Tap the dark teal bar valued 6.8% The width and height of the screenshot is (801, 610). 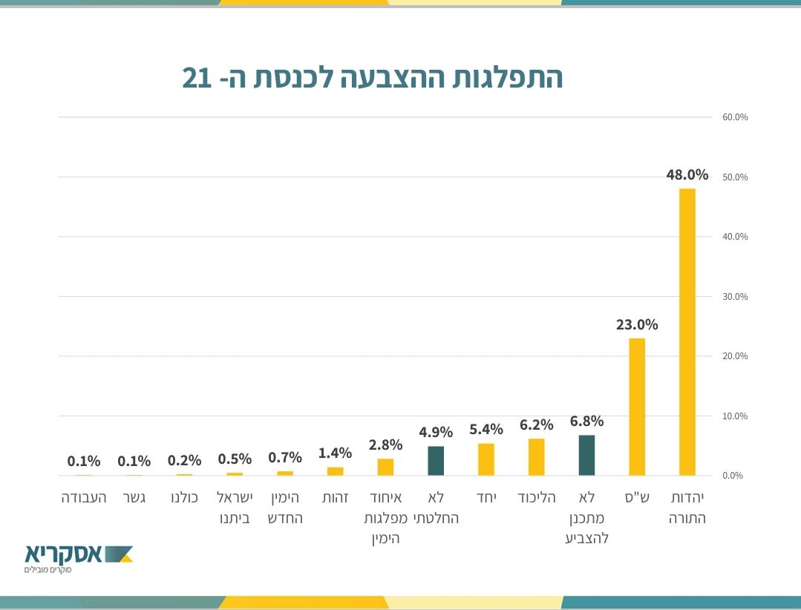tap(586, 455)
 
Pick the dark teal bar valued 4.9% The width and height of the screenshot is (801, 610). tap(436, 461)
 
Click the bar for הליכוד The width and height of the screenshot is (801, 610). tap(536, 457)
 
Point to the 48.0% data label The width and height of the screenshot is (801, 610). tap(687, 175)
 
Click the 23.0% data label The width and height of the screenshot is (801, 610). tap(637, 324)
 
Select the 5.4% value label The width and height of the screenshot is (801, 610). tap(486, 429)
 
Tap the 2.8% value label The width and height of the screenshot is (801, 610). tap(385, 445)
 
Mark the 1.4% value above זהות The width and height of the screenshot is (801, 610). tap(335, 453)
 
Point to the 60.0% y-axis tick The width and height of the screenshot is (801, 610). tap(735, 117)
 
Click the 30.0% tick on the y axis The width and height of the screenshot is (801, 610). tap(735, 297)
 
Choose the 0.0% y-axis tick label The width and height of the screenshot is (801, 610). tap(733, 476)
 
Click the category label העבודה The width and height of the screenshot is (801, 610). tap(84, 497)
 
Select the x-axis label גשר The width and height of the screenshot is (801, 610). tap(134, 497)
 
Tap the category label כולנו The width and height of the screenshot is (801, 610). tap(184, 497)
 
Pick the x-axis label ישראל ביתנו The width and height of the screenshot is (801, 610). tap(235, 507)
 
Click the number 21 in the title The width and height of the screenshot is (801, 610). tap(197, 78)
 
